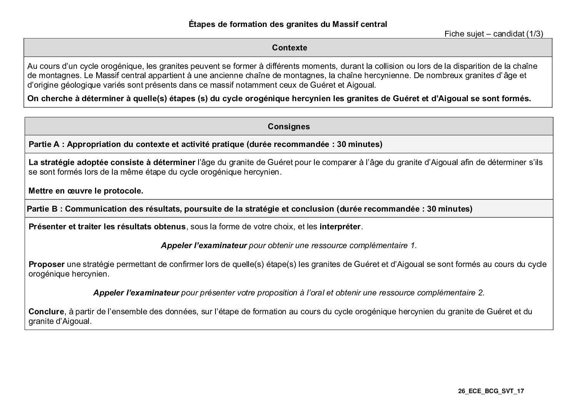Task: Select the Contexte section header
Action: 289,48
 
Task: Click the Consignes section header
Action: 289,127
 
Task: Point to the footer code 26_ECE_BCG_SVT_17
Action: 491,391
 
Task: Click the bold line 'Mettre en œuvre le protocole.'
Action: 86,191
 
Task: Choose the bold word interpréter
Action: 340,227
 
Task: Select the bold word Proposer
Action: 47,264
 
